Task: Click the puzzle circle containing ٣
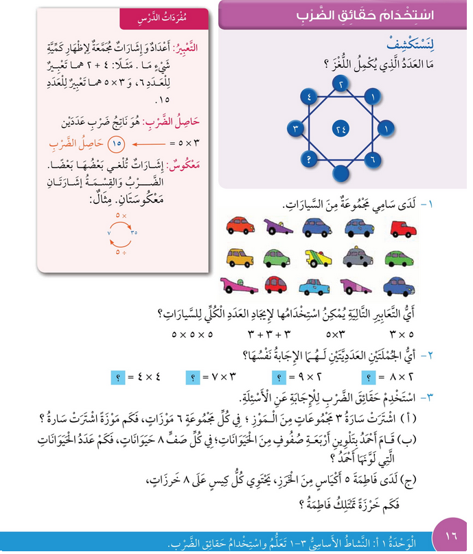295,128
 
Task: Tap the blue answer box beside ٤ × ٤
118,377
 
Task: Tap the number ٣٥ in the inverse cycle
135,232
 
